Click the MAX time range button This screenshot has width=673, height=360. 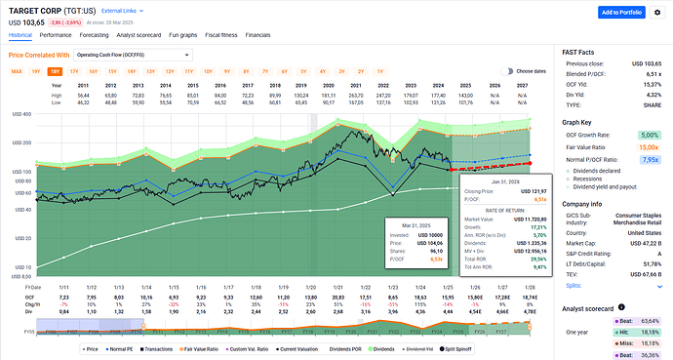click(17, 71)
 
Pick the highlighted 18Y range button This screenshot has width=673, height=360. click(55, 71)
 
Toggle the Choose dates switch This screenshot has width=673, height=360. click(507, 71)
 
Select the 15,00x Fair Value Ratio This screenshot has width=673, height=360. click(648, 146)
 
